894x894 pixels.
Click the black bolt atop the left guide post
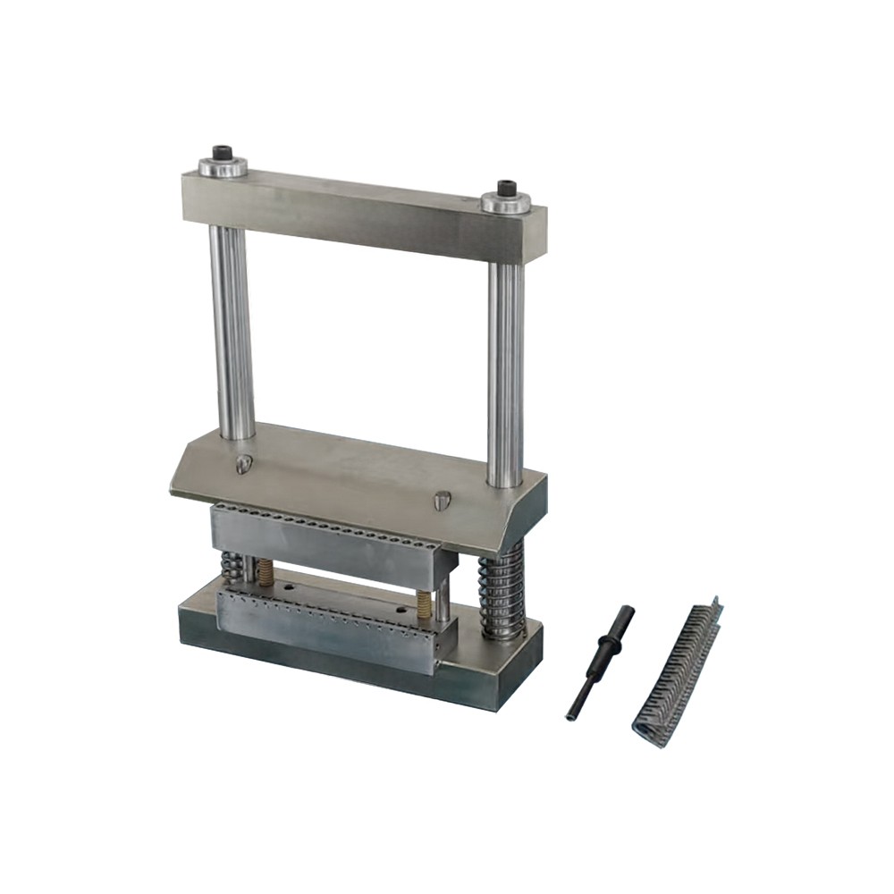tap(222, 153)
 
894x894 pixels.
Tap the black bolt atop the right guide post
tap(507, 189)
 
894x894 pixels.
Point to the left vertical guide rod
tap(232, 331)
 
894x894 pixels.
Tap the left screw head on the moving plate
tap(243, 463)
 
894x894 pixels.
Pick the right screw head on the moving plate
tap(441, 501)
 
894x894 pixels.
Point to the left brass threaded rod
tap(265, 572)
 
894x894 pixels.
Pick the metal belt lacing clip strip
tap(678, 670)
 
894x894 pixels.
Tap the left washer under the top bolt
tap(222, 166)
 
